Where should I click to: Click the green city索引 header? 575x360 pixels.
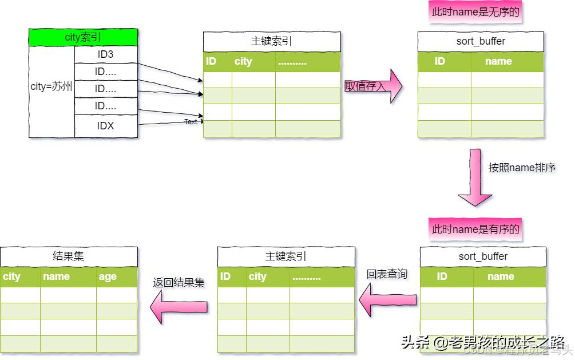click(83, 38)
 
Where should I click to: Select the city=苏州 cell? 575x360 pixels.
click(51, 87)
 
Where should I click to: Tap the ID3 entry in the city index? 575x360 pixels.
click(106, 55)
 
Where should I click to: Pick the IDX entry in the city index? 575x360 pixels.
click(106, 126)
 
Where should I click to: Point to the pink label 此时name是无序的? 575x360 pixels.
click(475, 11)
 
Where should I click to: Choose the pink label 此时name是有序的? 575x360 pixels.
click(475, 229)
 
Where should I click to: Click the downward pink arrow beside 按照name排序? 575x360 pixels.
click(475, 177)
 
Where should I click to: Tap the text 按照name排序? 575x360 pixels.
click(522, 168)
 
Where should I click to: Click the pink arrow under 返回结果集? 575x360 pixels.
click(179, 307)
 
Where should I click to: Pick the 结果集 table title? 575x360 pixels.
click(69, 256)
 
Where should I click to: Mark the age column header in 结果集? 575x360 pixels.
click(108, 277)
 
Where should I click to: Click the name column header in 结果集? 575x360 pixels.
click(56, 277)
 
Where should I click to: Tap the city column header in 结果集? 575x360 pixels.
click(11, 277)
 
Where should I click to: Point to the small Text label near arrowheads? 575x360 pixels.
click(191, 122)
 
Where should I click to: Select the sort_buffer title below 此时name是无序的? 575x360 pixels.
click(481, 41)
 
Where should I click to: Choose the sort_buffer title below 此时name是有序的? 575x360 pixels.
click(483, 256)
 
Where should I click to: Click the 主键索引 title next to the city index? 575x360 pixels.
click(272, 41)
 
